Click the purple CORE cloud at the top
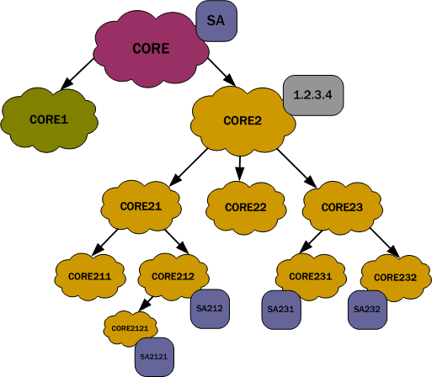[x=152, y=48]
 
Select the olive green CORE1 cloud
[x=48, y=119]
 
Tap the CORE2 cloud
[x=243, y=120]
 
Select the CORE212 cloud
[x=173, y=274]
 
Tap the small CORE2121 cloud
[x=129, y=327]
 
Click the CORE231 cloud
[x=311, y=275]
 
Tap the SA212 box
[x=209, y=309]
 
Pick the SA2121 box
[x=154, y=358]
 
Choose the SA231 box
[x=280, y=309]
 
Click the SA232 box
[x=367, y=309]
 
